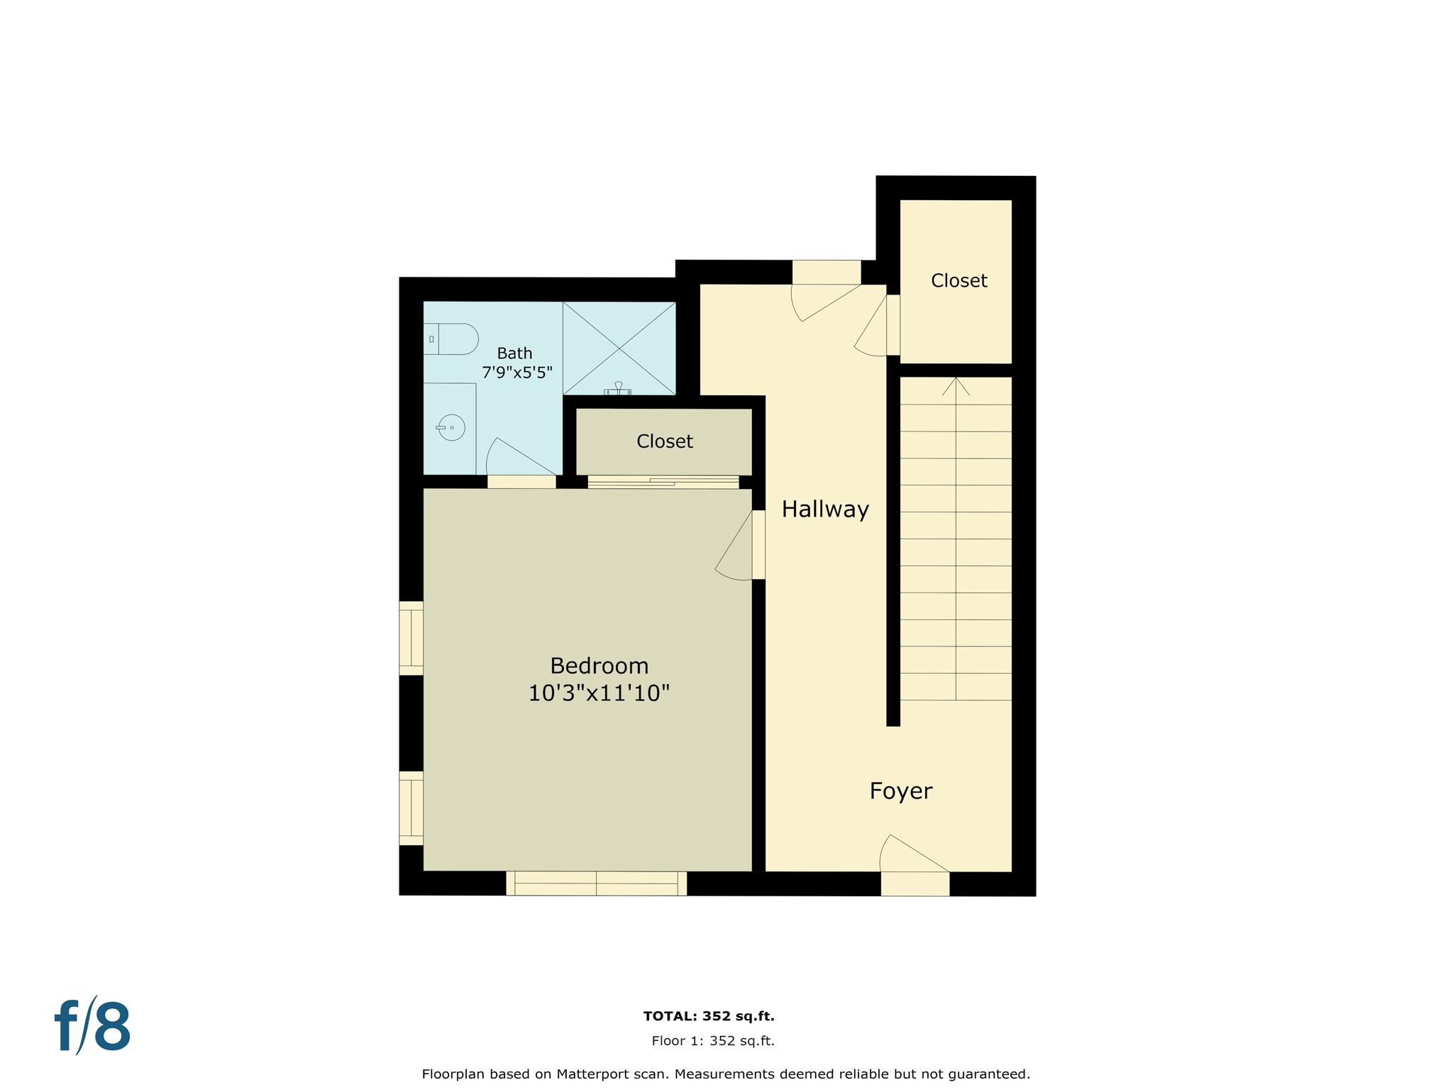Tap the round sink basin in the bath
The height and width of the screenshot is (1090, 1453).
(451, 428)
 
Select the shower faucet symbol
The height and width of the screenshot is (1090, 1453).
(618, 389)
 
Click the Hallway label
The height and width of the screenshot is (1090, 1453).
(825, 510)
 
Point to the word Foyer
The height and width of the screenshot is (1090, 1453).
(900, 791)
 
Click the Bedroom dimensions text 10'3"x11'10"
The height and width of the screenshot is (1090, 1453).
(599, 693)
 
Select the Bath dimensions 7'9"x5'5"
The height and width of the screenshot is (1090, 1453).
(516, 373)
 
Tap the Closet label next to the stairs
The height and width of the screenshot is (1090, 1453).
(958, 281)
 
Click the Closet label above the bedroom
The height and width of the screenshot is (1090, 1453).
(664, 441)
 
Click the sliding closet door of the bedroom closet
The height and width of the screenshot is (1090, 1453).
(663, 483)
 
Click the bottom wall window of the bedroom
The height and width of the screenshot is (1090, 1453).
(596, 883)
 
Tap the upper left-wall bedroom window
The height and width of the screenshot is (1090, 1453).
(411, 638)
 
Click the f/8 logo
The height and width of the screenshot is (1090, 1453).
(93, 1026)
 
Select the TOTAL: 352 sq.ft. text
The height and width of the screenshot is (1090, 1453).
(708, 1016)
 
